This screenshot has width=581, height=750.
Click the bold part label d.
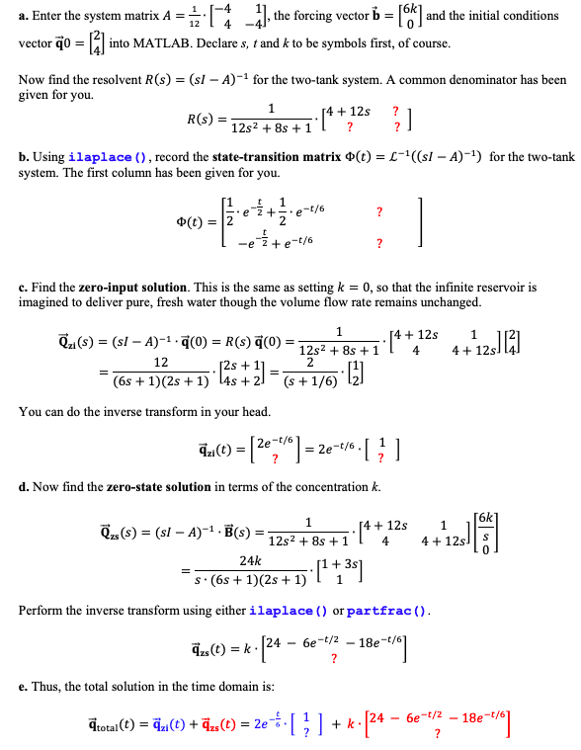[x=24, y=486]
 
